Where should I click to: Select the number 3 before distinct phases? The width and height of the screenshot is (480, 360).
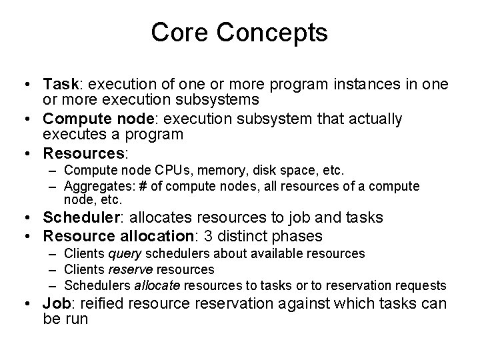point(232,236)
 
